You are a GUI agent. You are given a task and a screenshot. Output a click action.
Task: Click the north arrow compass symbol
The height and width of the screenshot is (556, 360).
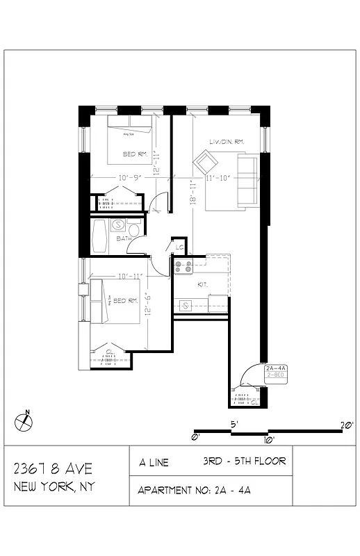point(24,421)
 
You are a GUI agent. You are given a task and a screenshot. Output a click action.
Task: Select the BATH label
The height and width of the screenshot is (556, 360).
point(124,238)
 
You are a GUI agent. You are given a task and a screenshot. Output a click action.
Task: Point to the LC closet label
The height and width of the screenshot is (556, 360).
point(179,247)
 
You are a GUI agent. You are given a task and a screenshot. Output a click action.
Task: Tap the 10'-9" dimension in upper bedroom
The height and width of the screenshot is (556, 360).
point(130,178)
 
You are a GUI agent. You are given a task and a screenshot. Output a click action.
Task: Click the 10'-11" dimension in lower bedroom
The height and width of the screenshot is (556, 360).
point(131,276)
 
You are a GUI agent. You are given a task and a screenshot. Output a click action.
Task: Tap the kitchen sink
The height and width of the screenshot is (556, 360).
point(186,305)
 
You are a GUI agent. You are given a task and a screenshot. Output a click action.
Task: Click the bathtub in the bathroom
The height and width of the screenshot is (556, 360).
point(100,236)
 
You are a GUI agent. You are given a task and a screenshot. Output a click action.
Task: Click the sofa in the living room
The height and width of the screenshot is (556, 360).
point(247,180)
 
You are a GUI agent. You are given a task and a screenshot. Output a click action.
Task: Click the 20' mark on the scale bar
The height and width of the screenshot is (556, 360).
point(346,425)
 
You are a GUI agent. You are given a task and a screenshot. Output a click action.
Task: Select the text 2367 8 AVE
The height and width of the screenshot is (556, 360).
point(53,468)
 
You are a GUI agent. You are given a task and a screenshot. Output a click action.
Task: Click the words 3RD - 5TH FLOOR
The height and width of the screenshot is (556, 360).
point(244,461)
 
